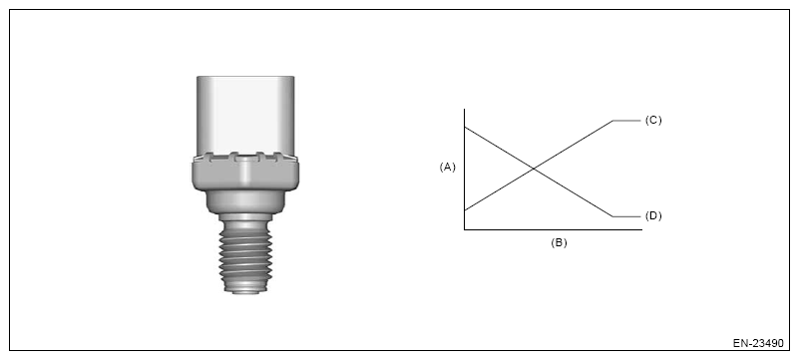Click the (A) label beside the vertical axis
[x=448, y=167]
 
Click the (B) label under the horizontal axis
[x=559, y=243]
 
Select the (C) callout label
[x=653, y=121]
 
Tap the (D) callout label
[x=653, y=215]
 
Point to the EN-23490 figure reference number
[x=758, y=343]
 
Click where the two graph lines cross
[x=534, y=169]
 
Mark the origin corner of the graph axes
[x=464, y=229]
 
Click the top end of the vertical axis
[x=464, y=109]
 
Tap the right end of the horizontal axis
[x=642, y=229]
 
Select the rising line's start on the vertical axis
[x=465, y=209]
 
